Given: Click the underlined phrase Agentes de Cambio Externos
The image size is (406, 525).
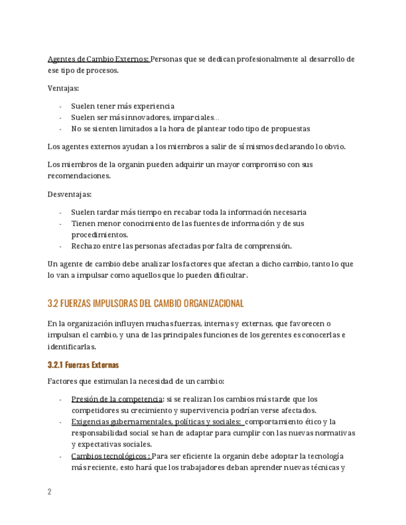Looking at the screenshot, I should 99,59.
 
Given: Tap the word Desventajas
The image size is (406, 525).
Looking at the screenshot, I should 69,194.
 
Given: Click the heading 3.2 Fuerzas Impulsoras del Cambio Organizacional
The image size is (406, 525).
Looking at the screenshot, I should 146,303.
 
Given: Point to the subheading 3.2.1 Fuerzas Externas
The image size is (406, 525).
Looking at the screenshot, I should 83,365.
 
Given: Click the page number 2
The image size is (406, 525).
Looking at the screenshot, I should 50,492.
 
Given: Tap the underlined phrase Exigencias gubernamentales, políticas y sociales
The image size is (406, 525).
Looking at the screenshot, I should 156,422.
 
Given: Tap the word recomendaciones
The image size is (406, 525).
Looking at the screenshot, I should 79,175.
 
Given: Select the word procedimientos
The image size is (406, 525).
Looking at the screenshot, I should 100,235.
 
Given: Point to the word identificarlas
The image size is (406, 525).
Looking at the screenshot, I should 71,346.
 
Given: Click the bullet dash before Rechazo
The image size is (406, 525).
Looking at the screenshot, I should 60,246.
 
